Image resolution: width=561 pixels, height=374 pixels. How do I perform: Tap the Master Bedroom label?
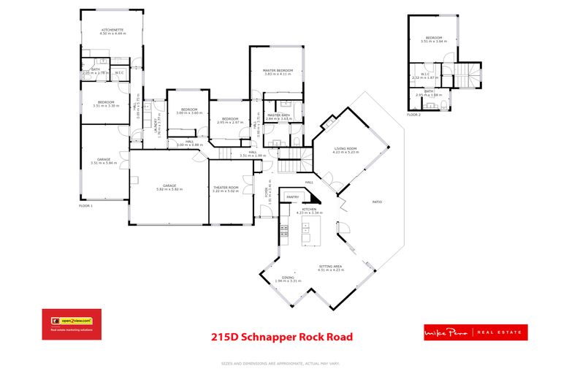(x=277, y=72)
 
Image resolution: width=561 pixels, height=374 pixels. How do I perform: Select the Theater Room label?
(x=226, y=189)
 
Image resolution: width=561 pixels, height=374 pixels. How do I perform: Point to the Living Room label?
(x=346, y=150)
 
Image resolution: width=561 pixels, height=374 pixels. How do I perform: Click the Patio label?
(x=378, y=202)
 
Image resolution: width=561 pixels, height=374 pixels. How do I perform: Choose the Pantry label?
(x=293, y=196)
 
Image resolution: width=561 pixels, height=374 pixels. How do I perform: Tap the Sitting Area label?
(x=330, y=268)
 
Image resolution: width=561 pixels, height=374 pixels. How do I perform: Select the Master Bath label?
(x=279, y=116)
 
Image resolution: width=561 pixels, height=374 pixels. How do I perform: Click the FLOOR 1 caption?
(x=86, y=207)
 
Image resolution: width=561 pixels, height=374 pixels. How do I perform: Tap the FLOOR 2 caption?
(x=414, y=115)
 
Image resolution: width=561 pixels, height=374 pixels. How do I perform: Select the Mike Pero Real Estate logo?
(x=476, y=332)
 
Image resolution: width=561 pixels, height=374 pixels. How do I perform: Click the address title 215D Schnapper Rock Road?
(x=281, y=337)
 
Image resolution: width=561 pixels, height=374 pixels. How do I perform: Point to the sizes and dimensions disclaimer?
(x=281, y=363)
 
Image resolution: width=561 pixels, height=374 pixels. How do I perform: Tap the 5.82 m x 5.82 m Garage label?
(x=170, y=187)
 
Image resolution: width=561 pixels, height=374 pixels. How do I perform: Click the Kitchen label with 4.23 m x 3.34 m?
(x=309, y=211)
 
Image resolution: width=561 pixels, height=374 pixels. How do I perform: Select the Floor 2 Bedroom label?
(x=435, y=39)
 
